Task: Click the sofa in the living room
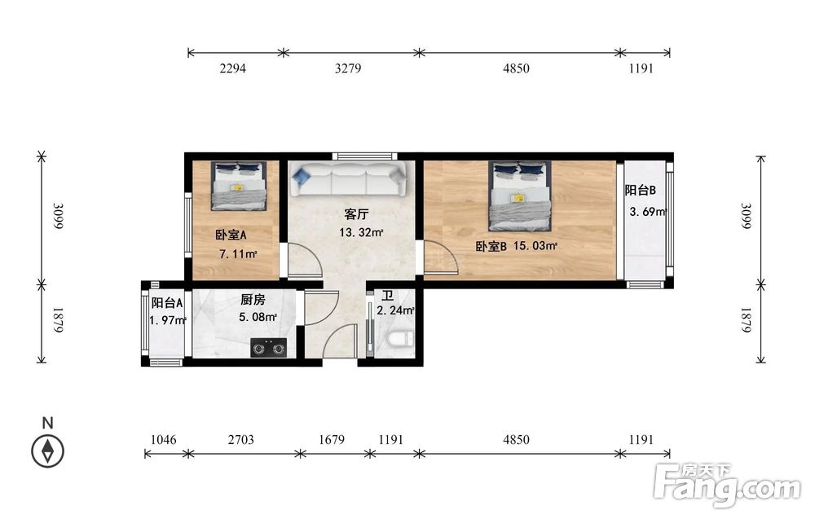(348, 178)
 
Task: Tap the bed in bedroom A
(239, 186)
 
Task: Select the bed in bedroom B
(519, 196)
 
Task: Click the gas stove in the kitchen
(269, 348)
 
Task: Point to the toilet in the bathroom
(400, 340)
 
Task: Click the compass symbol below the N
(48, 451)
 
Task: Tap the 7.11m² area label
(239, 254)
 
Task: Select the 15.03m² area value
(535, 246)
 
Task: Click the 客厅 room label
(357, 214)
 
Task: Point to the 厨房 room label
(253, 300)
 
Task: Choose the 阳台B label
(641, 190)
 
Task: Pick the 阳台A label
(167, 303)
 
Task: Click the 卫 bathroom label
(388, 296)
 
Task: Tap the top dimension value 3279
(348, 68)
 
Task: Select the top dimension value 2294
(232, 68)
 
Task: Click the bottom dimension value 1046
(163, 440)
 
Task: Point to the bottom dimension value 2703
(241, 440)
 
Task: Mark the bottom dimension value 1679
(332, 440)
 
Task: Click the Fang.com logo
(727, 485)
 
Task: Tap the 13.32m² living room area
(361, 233)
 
